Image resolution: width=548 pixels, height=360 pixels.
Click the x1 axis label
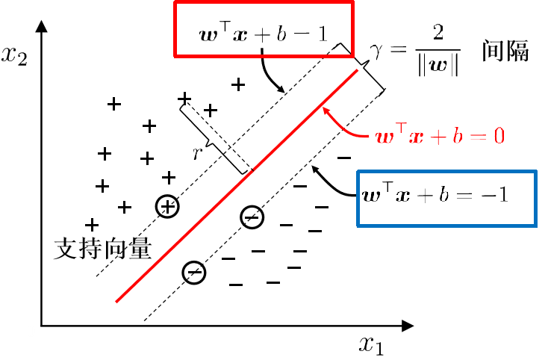tap(371, 344)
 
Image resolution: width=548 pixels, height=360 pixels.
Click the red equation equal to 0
tap(440, 137)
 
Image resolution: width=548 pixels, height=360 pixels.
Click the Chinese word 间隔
tap(506, 53)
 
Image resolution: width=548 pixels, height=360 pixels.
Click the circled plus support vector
tap(167, 207)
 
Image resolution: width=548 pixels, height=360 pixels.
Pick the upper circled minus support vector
tap(252, 217)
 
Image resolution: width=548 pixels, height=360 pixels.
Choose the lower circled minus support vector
tap(194, 273)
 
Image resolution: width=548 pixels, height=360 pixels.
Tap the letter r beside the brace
tap(197, 153)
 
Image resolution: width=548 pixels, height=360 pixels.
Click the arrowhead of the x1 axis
tap(408, 326)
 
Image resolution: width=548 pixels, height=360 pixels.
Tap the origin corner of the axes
tap(42, 326)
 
